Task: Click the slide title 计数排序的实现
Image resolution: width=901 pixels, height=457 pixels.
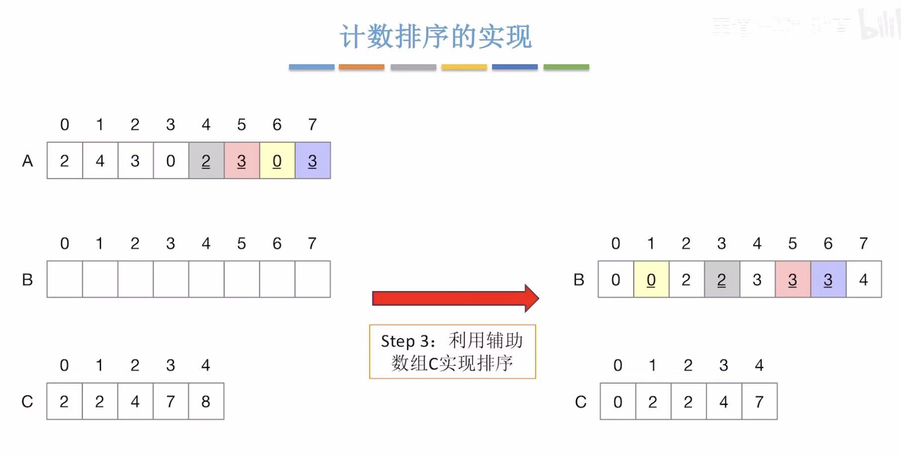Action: click(x=436, y=37)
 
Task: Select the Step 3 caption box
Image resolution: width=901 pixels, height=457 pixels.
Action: click(x=452, y=351)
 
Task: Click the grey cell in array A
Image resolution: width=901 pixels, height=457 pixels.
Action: click(x=206, y=161)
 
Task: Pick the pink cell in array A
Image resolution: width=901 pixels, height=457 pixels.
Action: click(x=242, y=161)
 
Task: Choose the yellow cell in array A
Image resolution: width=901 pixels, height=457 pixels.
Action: click(x=277, y=161)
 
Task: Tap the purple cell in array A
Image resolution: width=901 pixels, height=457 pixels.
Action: click(x=313, y=161)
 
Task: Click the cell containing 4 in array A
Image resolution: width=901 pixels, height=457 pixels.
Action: click(x=100, y=161)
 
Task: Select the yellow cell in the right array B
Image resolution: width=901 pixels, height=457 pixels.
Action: click(x=651, y=280)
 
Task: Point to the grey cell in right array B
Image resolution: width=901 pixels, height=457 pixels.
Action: click(x=721, y=280)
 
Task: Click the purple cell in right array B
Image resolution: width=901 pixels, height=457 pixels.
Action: click(x=828, y=280)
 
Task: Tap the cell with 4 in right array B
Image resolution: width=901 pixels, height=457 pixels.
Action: click(x=864, y=280)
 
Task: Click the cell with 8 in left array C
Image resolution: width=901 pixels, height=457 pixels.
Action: click(x=206, y=401)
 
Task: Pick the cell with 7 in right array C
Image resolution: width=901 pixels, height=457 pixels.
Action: click(x=759, y=401)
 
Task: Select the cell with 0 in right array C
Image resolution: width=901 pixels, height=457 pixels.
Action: click(x=618, y=401)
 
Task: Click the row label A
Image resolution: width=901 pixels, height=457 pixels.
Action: click(x=27, y=161)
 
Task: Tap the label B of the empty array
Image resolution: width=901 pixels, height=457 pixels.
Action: click(x=27, y=280)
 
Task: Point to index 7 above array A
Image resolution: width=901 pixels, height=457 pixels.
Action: click(x=312, y=124)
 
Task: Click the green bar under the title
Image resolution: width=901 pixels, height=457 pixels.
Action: click(x=566, y=67)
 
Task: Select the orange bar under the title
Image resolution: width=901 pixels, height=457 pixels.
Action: click(x=361, y=67)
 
